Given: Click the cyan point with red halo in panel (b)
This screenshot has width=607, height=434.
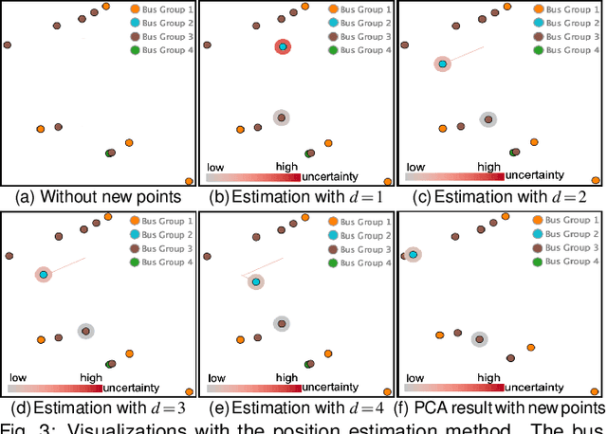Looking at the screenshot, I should point(283,47).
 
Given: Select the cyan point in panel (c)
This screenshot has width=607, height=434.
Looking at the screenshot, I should point(442,63).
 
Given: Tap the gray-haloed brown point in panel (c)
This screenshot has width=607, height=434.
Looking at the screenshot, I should point(487,119).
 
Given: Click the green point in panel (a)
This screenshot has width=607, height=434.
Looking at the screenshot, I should point(110,152).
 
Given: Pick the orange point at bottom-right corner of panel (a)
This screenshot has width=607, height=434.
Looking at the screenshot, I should point(189,181).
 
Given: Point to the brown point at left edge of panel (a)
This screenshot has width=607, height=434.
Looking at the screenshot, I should point(7,44).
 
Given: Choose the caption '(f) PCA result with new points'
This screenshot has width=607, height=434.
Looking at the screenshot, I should point(504,407).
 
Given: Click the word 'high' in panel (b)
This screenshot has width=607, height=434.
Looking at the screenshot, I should point(286,166).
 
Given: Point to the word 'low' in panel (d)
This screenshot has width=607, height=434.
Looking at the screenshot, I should point(19,376).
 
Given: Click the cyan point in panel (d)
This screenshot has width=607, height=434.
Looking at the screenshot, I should point(43,275).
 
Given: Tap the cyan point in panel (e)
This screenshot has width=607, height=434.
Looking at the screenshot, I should point(256,281).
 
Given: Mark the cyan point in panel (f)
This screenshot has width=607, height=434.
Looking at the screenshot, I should point(414,254).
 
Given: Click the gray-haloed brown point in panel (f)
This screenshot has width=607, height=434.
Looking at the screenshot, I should point(480,337).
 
